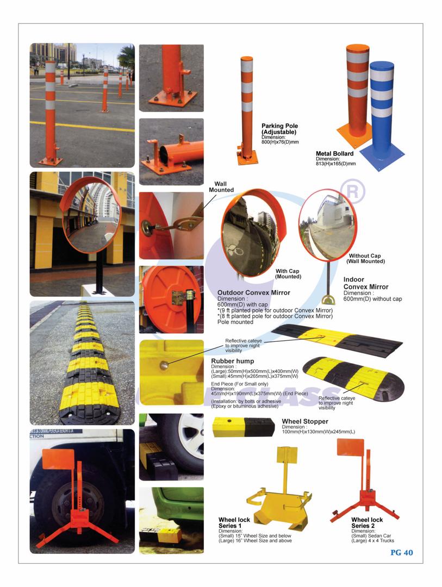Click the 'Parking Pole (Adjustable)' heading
pos(279,129)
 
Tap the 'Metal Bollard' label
pos(334,153)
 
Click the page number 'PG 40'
pos(402,553)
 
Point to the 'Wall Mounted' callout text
pos(221,187)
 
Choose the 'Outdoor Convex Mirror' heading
pos(253,293)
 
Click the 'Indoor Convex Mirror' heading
pos(365,283)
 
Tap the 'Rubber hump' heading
pos(232,361)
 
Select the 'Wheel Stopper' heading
pos(305,421)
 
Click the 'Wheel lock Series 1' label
pos(234,523)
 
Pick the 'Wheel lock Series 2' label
pos(367,523)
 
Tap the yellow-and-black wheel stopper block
pos(243,427)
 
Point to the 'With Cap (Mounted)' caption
pos(288,273)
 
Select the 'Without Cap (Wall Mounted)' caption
pos(365,258)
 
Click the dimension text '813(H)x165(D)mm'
pos(335,164)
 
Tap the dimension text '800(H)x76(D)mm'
pos(280,142)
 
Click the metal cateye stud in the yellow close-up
pos(164,365)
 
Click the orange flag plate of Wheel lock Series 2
pos(351,447)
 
